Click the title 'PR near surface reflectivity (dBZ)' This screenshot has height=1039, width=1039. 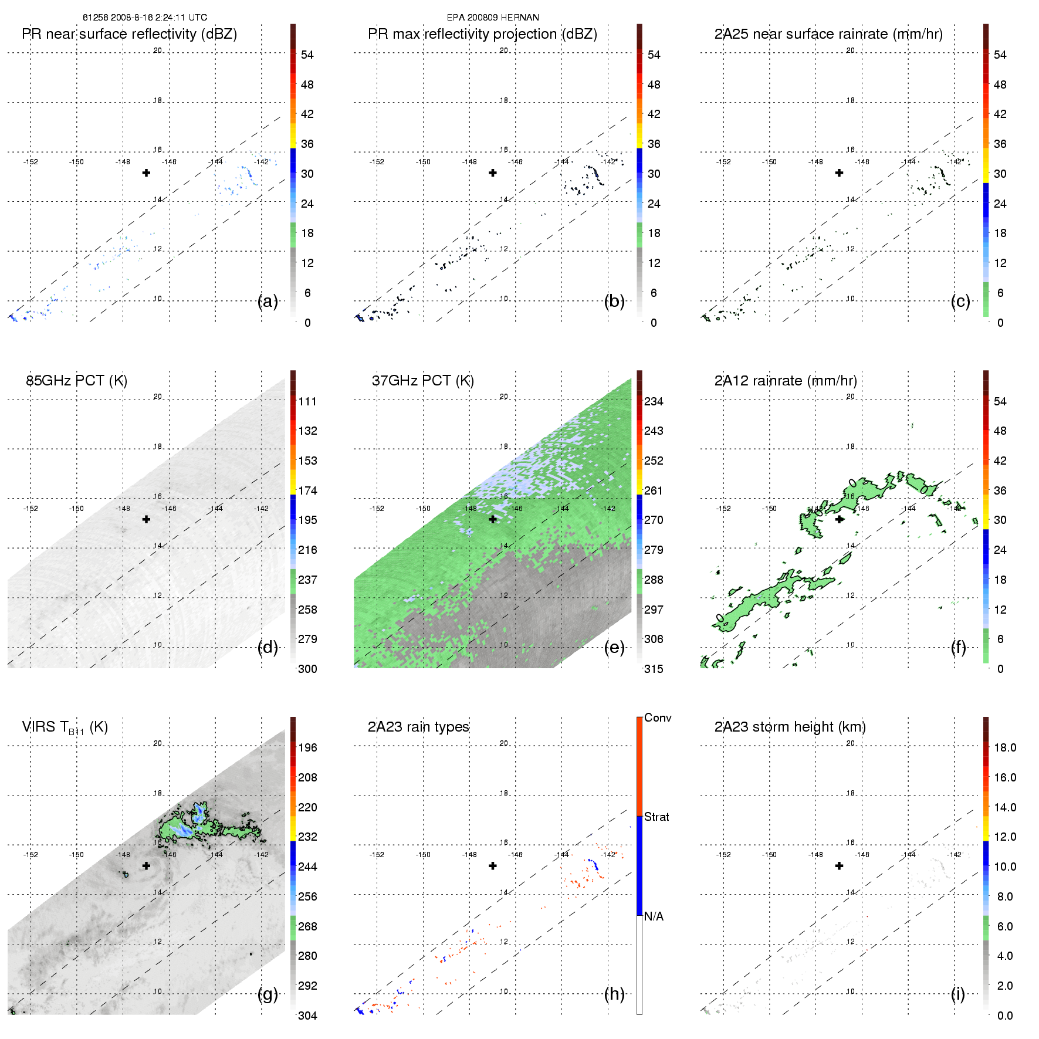click(129, 34)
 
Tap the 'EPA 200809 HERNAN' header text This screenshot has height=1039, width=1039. click(493, 18)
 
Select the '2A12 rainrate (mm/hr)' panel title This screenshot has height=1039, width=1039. click(786, 381)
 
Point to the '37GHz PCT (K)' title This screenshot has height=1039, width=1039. click(422, 381)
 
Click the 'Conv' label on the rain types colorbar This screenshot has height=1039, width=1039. click(658, 718)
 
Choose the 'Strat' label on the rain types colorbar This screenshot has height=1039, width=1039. click(656, 817)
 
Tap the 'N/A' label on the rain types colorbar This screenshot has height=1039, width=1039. click(654, 916)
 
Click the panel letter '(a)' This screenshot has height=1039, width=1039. click(268, 302)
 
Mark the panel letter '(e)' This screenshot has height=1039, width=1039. click(614, 648)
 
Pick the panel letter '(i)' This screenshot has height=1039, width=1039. click(958, 994)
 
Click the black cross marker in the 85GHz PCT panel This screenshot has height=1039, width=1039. click(146, 519)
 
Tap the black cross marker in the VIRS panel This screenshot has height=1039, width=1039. click(146, 865)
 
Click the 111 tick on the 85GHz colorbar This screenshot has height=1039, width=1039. click(307, 402)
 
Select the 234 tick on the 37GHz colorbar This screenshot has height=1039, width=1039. click(654, 402)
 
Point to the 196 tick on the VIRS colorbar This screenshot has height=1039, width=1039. click(307, 748)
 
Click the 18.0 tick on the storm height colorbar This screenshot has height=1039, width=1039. click(1004, 748)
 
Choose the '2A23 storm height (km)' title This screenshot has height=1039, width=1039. click(790, 727)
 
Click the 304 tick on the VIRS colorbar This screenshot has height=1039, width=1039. click(307, 1016)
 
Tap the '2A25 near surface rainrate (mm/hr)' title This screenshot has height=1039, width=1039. click(828, 34)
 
